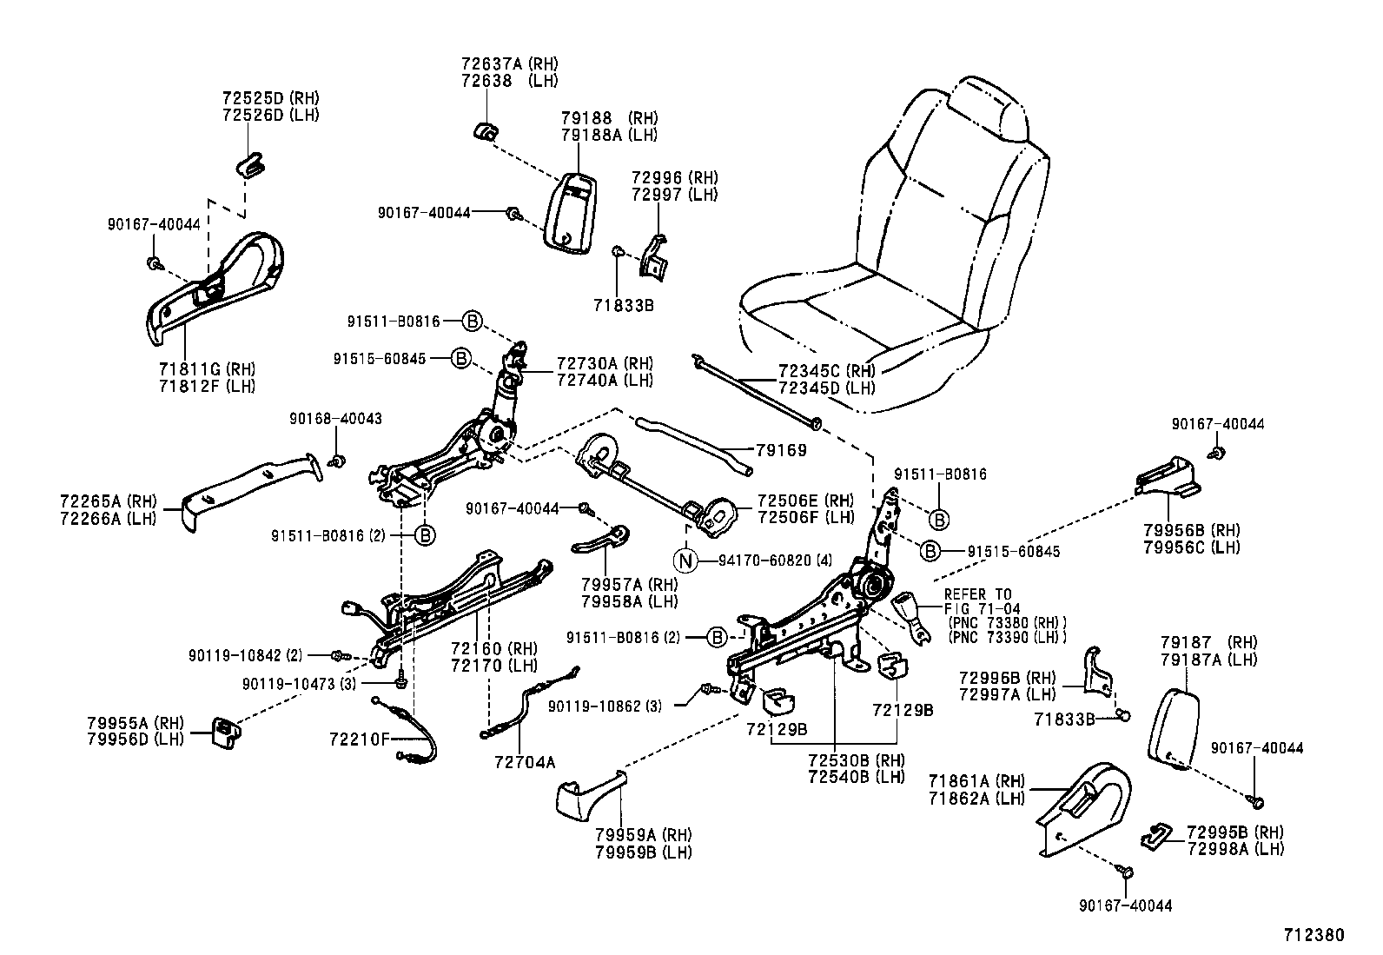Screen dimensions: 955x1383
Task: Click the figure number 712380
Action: [x=1314, y=935]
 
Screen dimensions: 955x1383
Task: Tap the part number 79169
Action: [x=781, y=450]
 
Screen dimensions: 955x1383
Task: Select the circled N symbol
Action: [x=686, y=560]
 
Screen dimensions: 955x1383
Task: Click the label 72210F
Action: [x=360, y=739]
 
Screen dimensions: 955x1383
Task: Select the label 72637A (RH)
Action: [x=509, y=64]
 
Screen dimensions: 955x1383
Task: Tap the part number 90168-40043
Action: [x=335, y=419]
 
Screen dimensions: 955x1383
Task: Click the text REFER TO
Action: [x=977, y=595]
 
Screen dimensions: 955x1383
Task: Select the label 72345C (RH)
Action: [x=827, y=371]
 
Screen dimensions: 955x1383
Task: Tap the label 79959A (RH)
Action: [x=643, y=836]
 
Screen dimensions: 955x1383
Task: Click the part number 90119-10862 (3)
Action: [x=605, y=706]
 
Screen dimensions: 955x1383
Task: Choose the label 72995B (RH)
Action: [x=1234, y=832]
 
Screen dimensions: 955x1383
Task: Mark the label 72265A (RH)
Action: [x=109, y=501]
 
